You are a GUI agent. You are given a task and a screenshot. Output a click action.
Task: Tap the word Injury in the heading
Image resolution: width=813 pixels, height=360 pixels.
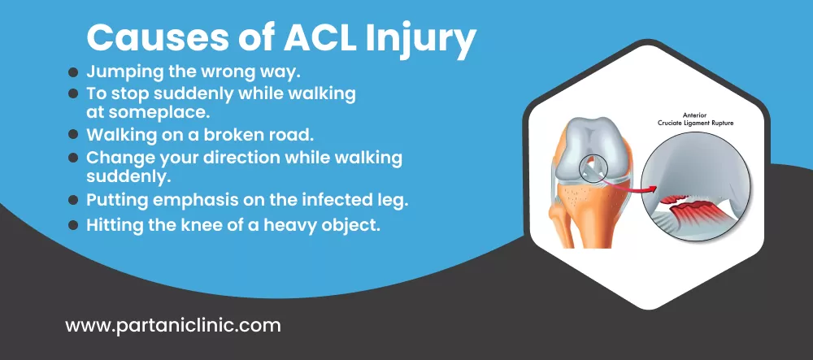coord(419,39)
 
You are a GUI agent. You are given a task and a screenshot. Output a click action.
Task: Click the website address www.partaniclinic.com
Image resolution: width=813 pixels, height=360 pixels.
coord(172,327)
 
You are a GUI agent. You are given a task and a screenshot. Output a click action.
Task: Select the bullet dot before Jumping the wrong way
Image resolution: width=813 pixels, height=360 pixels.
coord(74,72)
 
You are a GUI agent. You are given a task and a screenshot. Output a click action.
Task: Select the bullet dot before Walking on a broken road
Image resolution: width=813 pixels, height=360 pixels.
coord(74,133)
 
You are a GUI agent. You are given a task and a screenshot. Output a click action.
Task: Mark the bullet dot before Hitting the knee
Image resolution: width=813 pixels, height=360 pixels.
coord(74,225)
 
